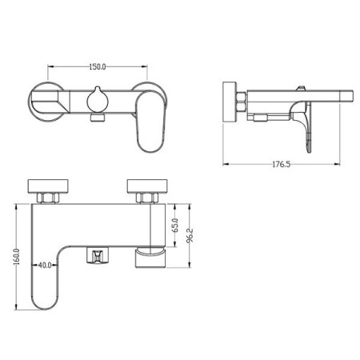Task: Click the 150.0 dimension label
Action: pyautogui.click(x=98, y=66)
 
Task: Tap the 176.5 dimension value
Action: pyautogui.click(x=281, y=164)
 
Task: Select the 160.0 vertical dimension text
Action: pyautogui.click(x=17, y=257)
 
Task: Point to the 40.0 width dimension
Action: pyautogui.click(x=45, y=265)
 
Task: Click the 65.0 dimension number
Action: pyautogui.click(x=175, y=226)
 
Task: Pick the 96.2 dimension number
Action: pyautogui.click(x=190, y=235)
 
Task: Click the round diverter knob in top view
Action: pyautogui.click(x=98, y=101)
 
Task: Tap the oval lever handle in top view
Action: pyautogui.click(x=151, y=122)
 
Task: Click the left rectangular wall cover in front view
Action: pyautogui.click(x=48, y=186)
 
